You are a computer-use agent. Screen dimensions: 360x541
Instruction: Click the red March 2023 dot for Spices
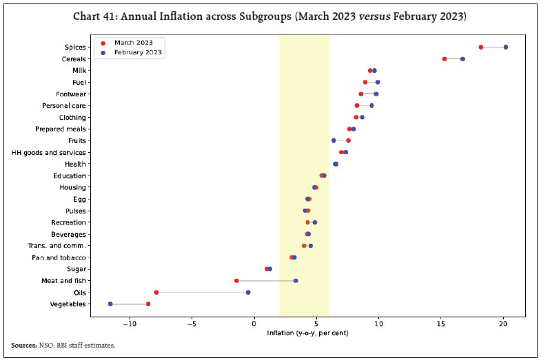tap(481, 47)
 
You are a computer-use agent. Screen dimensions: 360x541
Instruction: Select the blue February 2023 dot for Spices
tap(506, 47)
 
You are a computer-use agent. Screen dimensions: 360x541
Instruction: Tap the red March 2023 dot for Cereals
tap(445, 59)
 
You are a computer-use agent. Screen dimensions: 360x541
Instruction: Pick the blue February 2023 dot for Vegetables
tap(110, 304)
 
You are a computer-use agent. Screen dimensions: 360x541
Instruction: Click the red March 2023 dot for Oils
tap(156, 292)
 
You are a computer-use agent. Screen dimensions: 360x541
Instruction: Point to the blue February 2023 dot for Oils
tap(248, 292)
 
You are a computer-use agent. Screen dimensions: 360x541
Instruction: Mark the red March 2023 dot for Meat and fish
tap(236, 280)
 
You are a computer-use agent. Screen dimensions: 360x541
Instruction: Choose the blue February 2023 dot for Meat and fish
tap(296, 280)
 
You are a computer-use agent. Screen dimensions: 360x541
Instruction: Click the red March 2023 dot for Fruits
tap(348, 140)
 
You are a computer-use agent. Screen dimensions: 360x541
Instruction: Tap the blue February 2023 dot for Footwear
tap(376, 94)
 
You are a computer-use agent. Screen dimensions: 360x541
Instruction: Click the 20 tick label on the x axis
tap(504, 324)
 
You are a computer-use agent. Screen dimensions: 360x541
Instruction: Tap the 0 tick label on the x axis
tap(254, 324)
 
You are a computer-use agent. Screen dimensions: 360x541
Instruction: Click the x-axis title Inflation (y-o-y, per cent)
tap(307, 334)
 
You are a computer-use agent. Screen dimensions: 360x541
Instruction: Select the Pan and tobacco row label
tap(63, 257)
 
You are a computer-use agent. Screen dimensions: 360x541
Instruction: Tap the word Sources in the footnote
tap(23, 345)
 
